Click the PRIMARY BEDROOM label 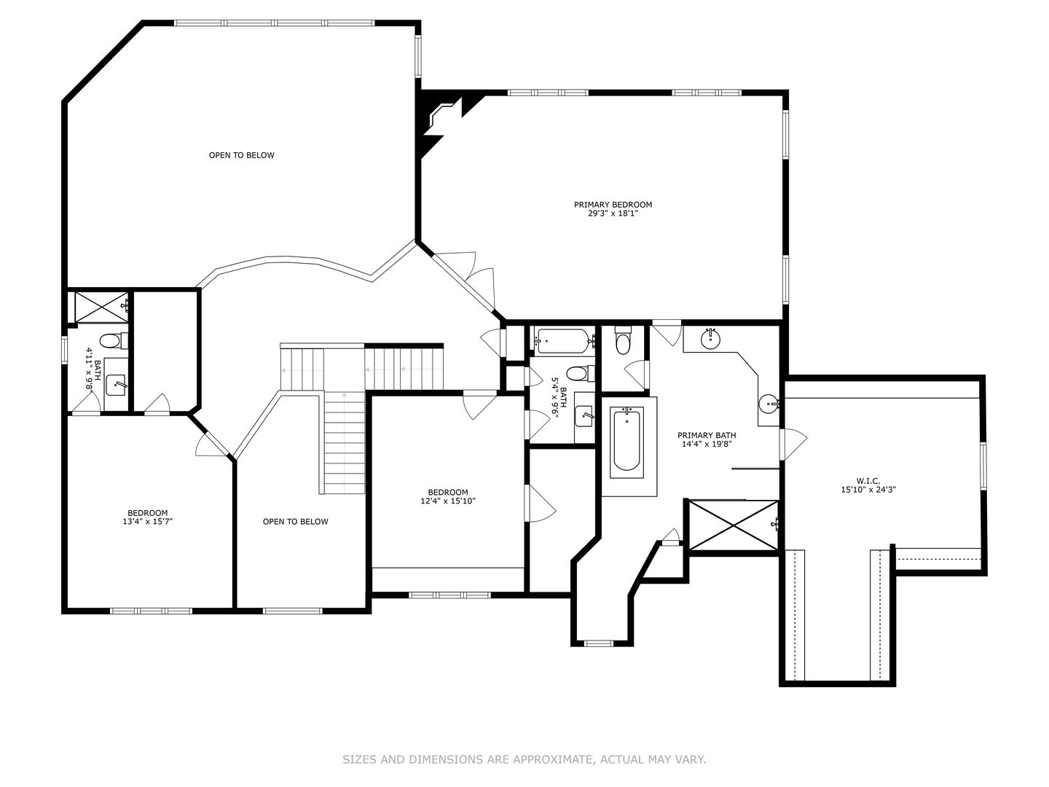click(613, 205)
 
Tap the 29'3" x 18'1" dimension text click(613, 214)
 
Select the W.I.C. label click(868, 481)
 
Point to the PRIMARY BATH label click(707, 435)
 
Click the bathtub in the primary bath click(626, 439)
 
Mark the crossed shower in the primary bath click(734, 525)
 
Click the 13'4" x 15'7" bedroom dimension click(147, 522)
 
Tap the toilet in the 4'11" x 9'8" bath click(114, 341)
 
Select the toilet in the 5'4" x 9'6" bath click(580, 373)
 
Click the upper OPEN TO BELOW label click(242, 155)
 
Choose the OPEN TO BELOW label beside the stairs click(295, 522)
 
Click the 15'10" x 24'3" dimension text click(868, 490)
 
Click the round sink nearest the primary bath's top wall click(711, 339)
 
